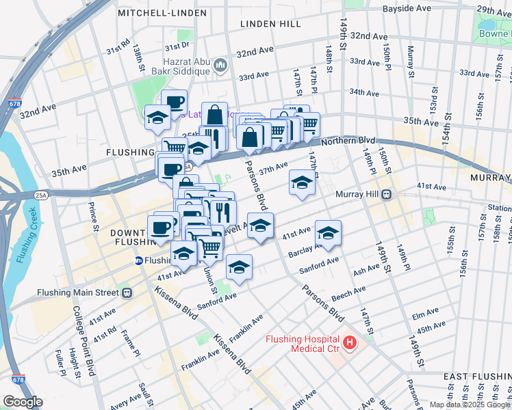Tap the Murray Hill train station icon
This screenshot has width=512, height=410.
click(387, 194)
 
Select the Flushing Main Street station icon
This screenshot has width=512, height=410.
click(127, 292)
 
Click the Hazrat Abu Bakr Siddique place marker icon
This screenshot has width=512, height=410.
click(220, 66)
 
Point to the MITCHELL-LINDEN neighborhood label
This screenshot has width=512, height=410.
click(162, 13)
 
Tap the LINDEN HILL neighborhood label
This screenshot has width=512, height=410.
click(270, 24)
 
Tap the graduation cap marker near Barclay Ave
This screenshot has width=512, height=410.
click(328, 233)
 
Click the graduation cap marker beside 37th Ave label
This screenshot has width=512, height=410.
click(301, 182)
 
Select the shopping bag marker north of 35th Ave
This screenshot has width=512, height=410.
click(214, 114)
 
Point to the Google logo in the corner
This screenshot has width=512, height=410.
click(22, 402)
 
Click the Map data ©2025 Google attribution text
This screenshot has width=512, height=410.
click(470, 405)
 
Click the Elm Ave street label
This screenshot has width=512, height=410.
click(420, 316)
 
